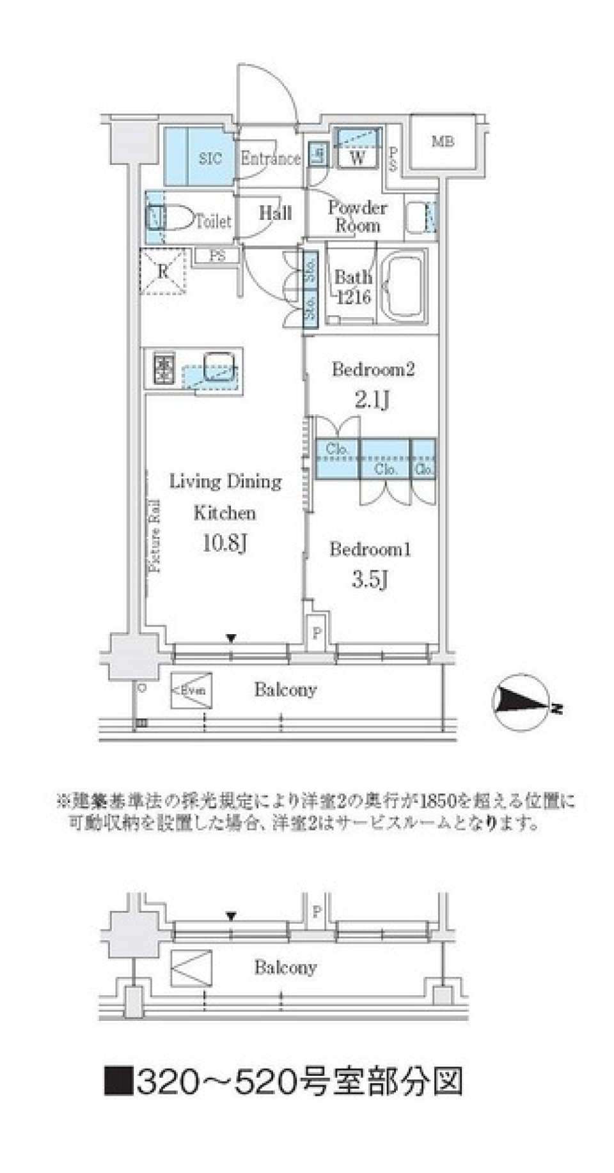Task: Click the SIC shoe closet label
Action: click(210, 158)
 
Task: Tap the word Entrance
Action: click(270, 158)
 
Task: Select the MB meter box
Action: click(443, 142)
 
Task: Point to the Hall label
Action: click(276, 213)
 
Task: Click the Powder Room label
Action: click(358, 216)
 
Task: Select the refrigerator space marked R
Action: click(163, 271)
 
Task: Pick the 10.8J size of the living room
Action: click(224, 544)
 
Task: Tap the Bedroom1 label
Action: click(370, 549)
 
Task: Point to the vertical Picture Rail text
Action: click(155, 536)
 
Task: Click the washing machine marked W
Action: click(358, 156)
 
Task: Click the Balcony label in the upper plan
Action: click(285, 689)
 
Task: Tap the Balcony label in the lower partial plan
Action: click(285, 967)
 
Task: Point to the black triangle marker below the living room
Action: click(232, 637)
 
